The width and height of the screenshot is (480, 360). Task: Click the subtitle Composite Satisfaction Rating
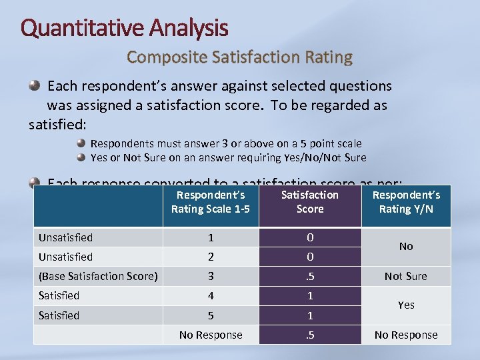(239, 57)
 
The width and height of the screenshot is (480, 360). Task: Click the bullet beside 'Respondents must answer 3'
(81, 143)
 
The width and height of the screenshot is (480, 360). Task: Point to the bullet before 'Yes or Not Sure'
(81, 158)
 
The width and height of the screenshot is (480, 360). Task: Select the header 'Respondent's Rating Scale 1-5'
(211, 202)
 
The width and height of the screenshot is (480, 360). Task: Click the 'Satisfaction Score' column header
(310, 202)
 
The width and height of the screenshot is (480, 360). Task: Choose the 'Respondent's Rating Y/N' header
(406, 202)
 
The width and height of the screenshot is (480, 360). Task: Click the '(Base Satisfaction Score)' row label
(98, 276)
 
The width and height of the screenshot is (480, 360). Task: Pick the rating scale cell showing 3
(211, 276)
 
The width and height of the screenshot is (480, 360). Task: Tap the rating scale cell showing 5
(211, 315)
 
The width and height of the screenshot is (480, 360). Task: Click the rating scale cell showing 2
(211, 257)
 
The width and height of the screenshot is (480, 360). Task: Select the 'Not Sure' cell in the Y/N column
(406, 276)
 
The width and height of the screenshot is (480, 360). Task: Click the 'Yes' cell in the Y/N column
(406, 305)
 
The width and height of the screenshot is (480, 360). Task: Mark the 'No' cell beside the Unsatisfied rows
(406, 247)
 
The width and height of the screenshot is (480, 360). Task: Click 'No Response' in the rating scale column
(211, 335)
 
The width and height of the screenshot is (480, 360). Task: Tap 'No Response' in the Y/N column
(406, 335)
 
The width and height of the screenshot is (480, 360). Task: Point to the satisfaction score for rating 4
(310, 295)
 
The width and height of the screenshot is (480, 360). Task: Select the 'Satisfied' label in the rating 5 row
(59, 315)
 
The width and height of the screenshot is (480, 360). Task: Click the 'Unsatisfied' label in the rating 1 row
(65, 237)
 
